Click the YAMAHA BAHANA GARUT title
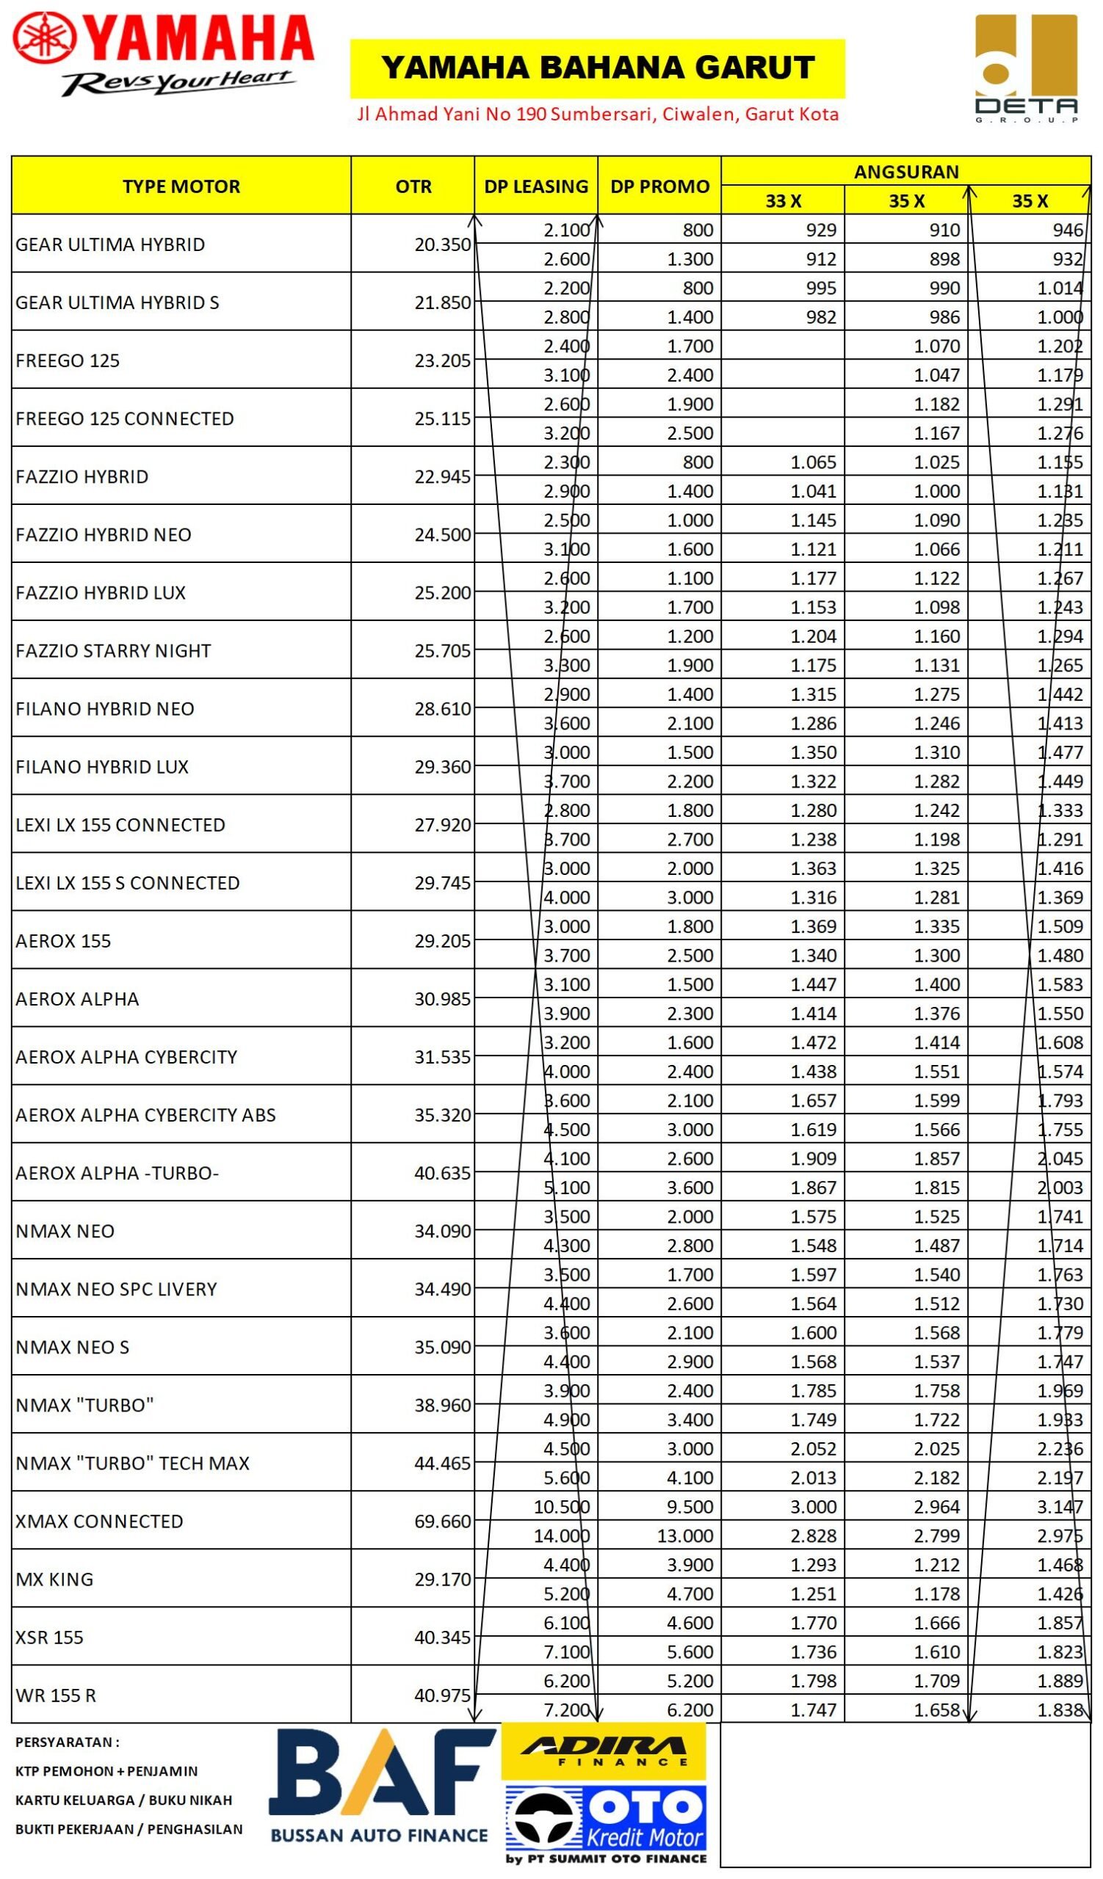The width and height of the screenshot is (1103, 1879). pyautogui.click(x=596, y=68)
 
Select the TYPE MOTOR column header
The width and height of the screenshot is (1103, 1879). pyautogui.click(x=181, y=186)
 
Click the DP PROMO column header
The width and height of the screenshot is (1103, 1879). pyautogui.click(x=659, y=186)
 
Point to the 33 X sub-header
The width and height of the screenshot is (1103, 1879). pyautogui.click(x=783, y=200)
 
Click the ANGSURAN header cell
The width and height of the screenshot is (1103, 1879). pyautogui.click(x=906, y=172)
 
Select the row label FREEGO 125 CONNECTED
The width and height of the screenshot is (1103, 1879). pyautogui.click(x=125, y=418)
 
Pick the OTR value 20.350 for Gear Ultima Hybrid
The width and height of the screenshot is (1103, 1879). pyautogui.click(x=442, y=244)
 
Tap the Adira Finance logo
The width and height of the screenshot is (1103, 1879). pyautogui.click(x=604, y=1751)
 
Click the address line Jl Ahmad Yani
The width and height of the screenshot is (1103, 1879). pyautogui.click(x=597, y=114)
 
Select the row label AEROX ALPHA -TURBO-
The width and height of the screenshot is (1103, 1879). pyautogui.click(x=117, y=1173)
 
